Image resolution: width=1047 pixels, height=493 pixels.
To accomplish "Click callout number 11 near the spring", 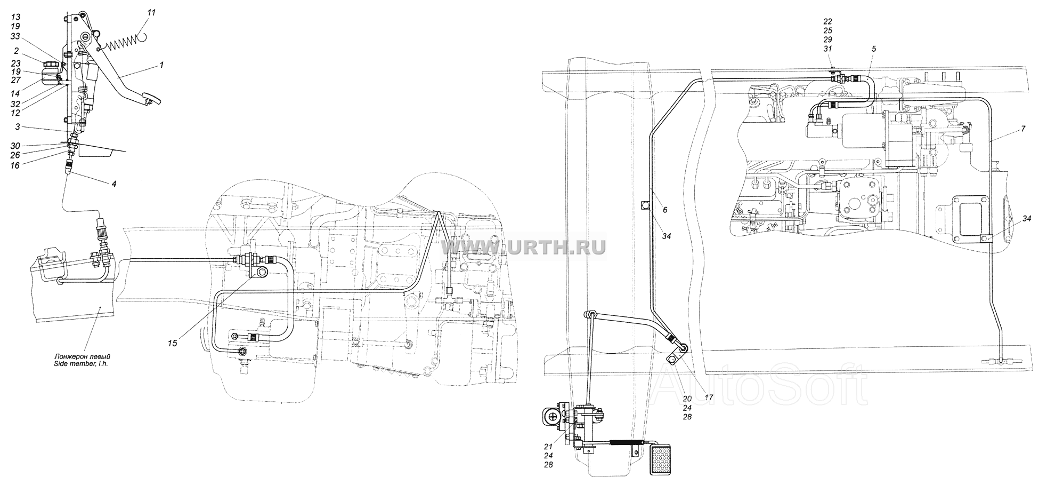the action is point(151,12).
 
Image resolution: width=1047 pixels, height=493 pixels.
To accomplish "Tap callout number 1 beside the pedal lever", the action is point(162,65).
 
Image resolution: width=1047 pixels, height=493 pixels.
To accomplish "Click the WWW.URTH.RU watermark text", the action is point(524,246).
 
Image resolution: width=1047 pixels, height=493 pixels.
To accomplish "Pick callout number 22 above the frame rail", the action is point(827,21).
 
